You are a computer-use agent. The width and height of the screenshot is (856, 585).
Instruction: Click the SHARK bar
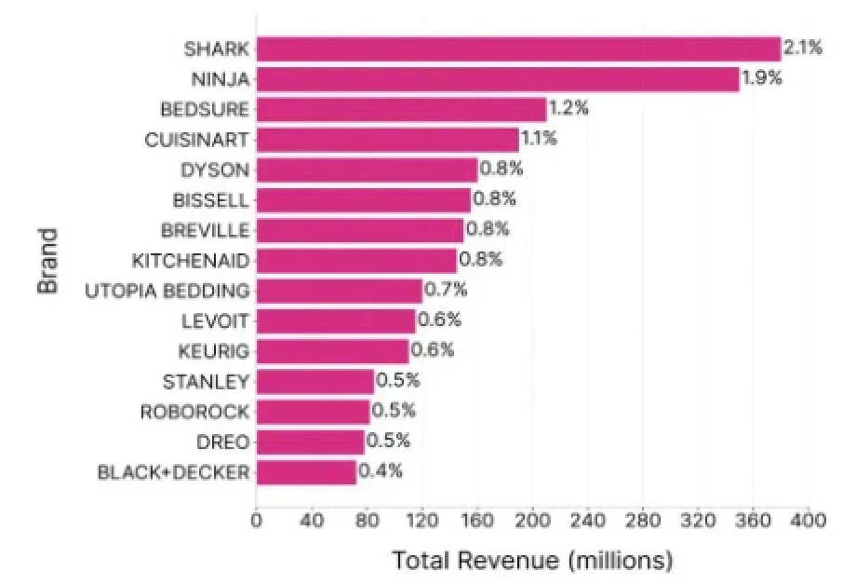(518, 49)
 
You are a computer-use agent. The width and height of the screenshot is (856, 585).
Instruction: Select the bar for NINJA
(498, 79)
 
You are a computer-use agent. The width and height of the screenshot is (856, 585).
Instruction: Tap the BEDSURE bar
(401, 109)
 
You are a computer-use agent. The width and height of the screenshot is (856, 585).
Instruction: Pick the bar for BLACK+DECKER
(306, 472)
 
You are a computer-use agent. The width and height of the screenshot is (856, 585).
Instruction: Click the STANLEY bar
(315, 382)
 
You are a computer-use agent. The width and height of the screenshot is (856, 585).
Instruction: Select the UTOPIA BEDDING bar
(340, 291)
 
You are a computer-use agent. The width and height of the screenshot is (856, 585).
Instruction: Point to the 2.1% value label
(802, 48)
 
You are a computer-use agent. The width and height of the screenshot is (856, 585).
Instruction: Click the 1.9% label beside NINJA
(761, 78)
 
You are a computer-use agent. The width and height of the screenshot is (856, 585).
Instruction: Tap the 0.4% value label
(381, 470)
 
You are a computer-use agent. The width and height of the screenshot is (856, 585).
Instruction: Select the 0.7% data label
(446, 289)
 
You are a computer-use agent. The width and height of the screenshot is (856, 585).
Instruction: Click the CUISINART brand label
(196, 140)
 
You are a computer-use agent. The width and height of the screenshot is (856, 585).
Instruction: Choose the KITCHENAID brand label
(191, 261)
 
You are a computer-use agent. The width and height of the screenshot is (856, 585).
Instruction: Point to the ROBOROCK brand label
(194, 412)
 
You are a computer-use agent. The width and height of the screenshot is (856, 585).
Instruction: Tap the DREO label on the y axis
(222, 442)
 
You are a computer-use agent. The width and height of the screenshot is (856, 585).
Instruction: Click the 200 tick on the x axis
(532, 521)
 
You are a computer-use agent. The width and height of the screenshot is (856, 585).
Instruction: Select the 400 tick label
(808, 521)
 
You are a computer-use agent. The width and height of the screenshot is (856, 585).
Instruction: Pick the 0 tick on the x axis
(256, 521)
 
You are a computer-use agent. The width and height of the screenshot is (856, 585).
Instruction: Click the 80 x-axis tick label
(367, 521)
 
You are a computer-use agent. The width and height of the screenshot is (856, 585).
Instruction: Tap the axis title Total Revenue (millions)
(532, 561)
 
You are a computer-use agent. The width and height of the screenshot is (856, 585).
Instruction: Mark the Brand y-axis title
(48, 262)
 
